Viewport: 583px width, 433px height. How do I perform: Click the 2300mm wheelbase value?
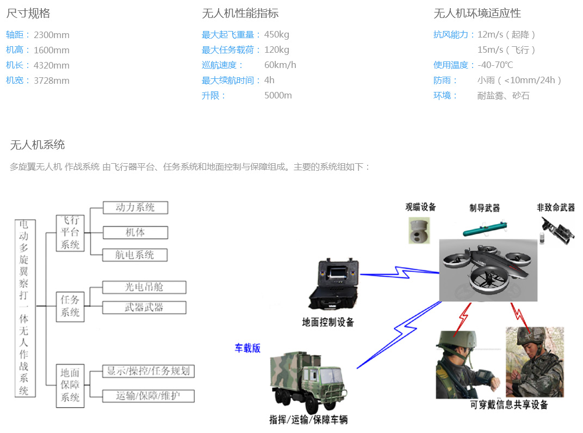coord(52,35)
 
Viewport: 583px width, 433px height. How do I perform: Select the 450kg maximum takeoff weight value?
coord(277,35)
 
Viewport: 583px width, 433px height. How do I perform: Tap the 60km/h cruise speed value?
coord(280,65)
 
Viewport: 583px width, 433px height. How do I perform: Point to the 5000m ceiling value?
coord(278,96)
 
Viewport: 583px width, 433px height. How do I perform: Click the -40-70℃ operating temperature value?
coord(495,65)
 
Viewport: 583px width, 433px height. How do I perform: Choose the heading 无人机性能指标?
coord(240,14)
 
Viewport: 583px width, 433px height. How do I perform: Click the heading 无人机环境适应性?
coord(477,14)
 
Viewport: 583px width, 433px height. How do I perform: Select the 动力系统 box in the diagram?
coord(135,208)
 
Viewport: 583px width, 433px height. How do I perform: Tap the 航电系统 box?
coord(135,255)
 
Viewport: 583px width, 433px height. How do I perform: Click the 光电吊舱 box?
coord(144,287)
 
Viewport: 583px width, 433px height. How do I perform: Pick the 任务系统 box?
coord(70,306)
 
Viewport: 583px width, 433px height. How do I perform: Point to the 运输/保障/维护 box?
coord(148,396)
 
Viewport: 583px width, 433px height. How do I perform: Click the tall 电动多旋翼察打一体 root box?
coord(24,307)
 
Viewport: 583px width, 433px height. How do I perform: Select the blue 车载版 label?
coord(247,348)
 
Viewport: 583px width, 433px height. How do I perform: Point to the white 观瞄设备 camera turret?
coord(420,230)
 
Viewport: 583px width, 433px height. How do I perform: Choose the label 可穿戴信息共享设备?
coord(509,405)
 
